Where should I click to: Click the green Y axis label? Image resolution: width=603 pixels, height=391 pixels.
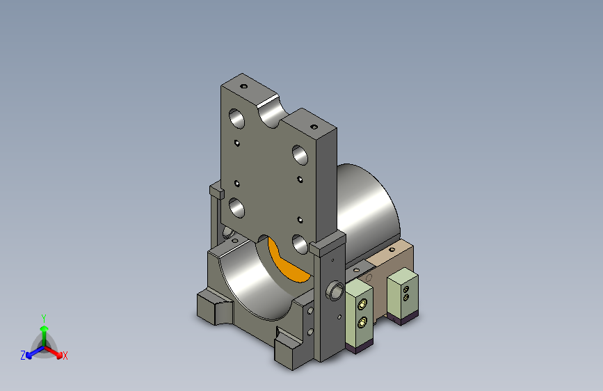tap(44, 319)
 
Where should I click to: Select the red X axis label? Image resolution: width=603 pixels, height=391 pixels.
tap(65, 356)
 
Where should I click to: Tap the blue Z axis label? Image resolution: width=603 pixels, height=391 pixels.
tap(23, 356)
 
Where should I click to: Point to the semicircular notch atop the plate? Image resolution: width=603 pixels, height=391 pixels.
tap(272, 112)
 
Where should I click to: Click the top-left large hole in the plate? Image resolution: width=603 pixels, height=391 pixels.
tap(236, 118)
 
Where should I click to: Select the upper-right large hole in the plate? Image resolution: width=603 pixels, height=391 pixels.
tap(300, 154)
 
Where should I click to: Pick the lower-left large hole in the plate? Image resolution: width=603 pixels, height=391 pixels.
tap(237, 207)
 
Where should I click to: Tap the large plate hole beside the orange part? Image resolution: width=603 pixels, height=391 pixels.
tap(300, 244)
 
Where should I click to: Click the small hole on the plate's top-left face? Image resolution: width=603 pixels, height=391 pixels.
tap(244, 86)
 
